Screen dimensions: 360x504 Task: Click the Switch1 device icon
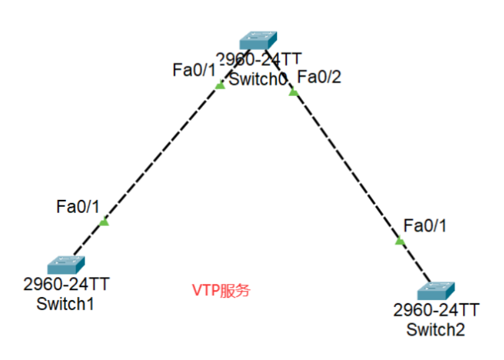[x=65, y=266]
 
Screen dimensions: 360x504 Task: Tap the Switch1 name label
[x=65, y=304]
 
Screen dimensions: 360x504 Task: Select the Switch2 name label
[x=436, y=329]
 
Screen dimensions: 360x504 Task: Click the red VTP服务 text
[x=221, y=290]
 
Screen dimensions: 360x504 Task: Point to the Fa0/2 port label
[x=319, y=77]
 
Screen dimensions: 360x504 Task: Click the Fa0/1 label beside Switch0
[x=194, y=70]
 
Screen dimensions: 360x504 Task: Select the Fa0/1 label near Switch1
[x=77, y=206]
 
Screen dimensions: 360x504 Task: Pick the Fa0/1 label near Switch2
[x=425, y=225]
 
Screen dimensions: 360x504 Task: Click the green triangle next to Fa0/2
[x=294, y=93]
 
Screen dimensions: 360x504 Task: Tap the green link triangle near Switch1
[x=104, y=222]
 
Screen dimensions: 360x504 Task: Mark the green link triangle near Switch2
[x=400, y=241]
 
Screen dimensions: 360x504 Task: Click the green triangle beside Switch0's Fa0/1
[x=220, y=85]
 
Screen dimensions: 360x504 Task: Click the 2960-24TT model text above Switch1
[x=66, y=285]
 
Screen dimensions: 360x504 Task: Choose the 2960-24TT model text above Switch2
[x=436, y=310]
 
